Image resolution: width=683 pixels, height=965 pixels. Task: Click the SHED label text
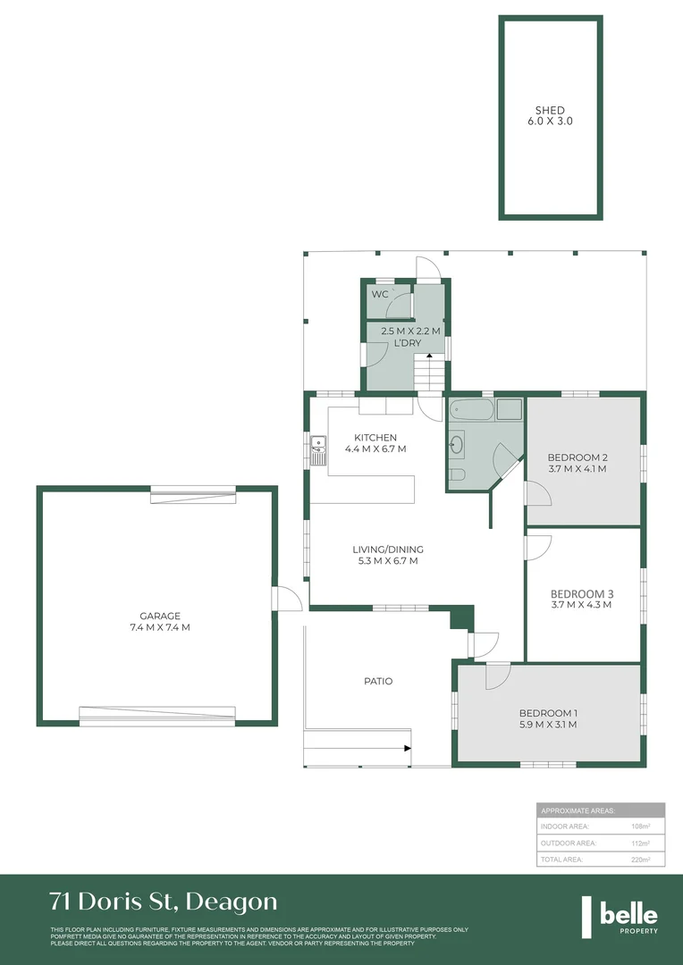(x=550, y=111)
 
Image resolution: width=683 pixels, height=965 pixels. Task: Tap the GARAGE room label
(x=160, y=616)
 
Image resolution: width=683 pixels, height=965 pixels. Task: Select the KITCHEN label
(x=375, y=437)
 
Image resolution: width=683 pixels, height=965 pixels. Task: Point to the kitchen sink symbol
(x=317, y=449)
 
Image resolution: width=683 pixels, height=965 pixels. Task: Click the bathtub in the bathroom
(x=470, y=411)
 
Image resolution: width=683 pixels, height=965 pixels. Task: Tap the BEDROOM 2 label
(x=577, y=456)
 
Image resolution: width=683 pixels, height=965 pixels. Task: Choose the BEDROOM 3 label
(x=581, y=593)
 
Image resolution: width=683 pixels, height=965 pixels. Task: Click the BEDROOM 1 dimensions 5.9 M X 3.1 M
(x=548, y=725)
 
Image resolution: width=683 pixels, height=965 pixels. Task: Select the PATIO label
(x=378, y=681)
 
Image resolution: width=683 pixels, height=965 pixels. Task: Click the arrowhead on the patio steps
(x=408, y=747)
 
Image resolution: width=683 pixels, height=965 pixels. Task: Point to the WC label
(x=380, y=294)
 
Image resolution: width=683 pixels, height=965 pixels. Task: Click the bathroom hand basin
(x=458, y=443)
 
